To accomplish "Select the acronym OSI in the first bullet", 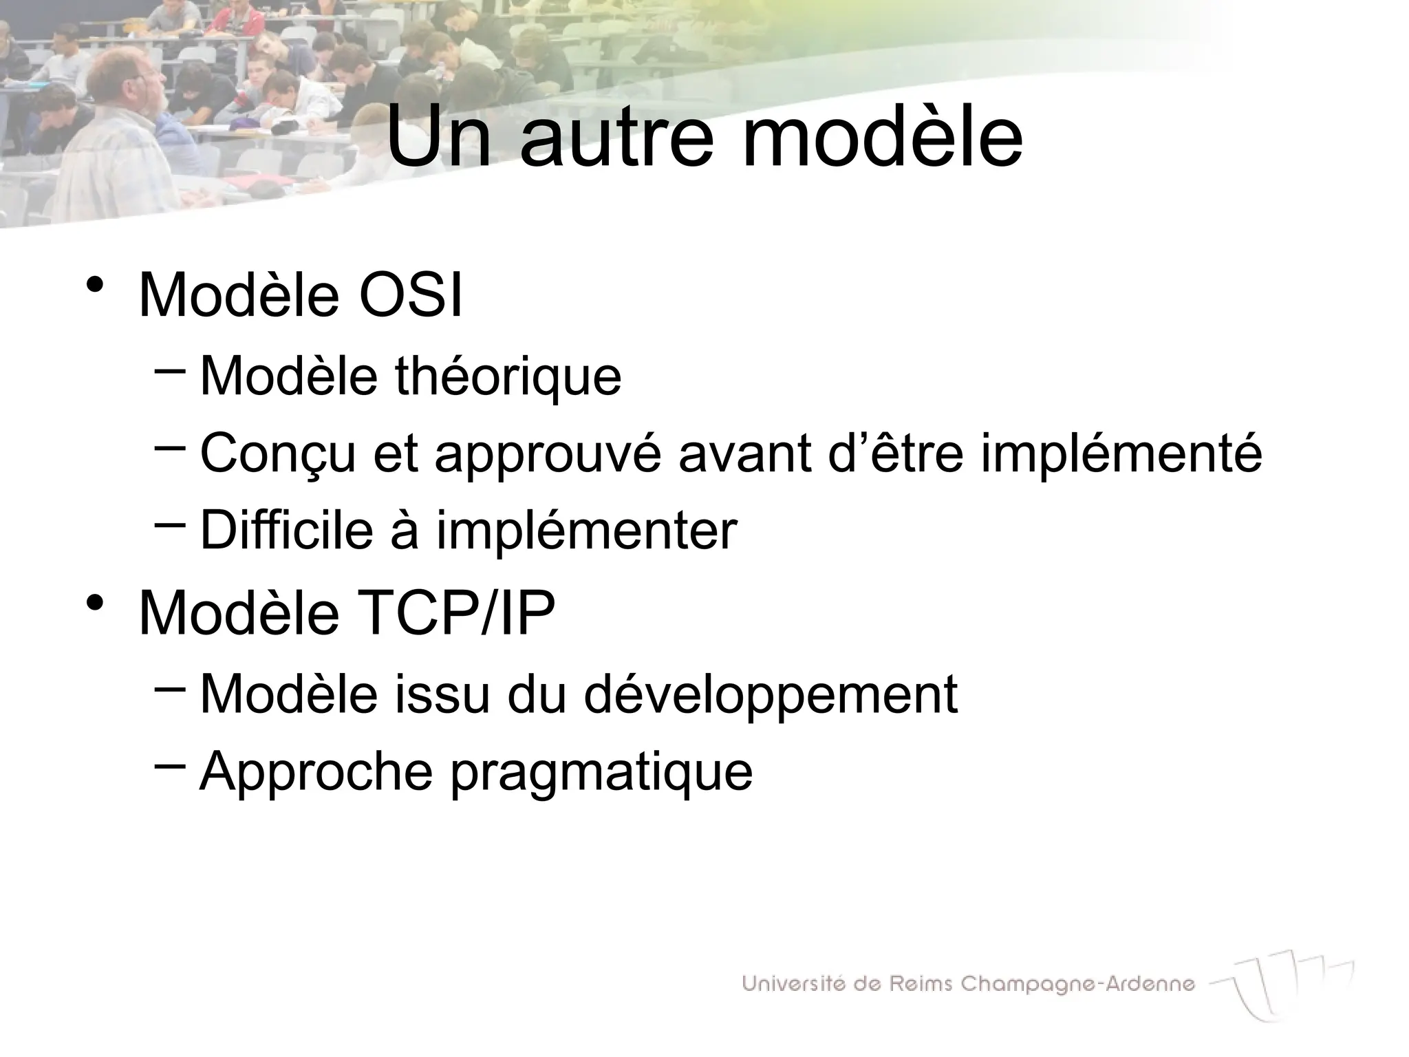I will coord(411,296).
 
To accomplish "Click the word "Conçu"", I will coord(278,454).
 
